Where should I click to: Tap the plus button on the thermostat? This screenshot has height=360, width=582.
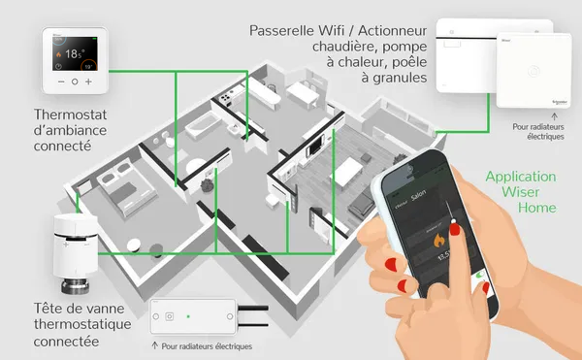coord(89,82)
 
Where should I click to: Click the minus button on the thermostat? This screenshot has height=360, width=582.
coord(60,82)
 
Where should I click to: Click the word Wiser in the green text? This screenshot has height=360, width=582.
coord(521,192)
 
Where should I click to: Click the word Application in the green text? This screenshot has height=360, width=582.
coord(521,177)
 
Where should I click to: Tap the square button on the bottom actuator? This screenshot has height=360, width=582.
coord(170,315)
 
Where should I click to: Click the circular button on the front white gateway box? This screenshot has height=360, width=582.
coord(533,70)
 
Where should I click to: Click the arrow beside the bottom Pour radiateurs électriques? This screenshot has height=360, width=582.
coord(156,344)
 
